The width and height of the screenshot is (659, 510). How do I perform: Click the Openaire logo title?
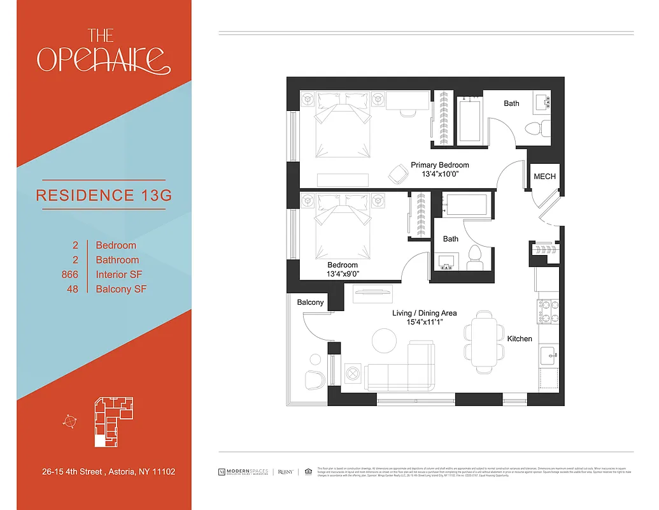coord(104,51)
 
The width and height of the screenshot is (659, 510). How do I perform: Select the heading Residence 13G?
coord(104,195)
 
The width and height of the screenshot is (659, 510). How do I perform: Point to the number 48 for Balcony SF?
coord(72,289)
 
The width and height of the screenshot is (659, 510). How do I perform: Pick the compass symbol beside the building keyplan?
coord(70,420)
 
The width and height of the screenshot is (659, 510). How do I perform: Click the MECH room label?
coord(544,177)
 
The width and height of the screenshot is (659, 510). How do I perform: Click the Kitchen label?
coord(520,339)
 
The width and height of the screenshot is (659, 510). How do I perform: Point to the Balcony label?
coord(310,303)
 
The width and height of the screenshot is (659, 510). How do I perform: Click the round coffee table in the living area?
coord(385,340)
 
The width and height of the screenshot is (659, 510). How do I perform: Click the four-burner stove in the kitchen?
coord(548,311)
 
